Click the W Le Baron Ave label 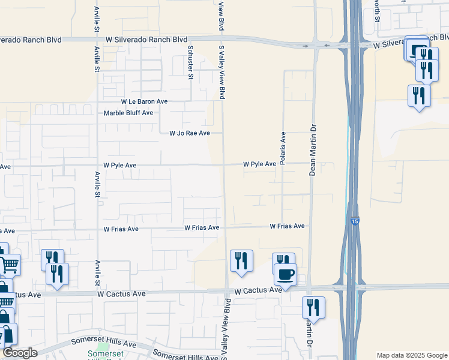coord(144,102)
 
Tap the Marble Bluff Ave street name coord(128,113)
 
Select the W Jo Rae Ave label coord(189,133)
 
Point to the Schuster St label coord(190,62)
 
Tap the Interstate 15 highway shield coord(355,222)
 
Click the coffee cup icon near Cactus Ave coord(285,274)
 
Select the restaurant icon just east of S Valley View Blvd coord(241,260)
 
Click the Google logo coord(20,353)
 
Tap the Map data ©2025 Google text coord(412,355)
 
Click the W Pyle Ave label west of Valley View coord(120,165)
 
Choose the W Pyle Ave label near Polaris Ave coord(259,164)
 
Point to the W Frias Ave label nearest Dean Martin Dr coord(287,226)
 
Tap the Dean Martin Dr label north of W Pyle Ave coord(312,150)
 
